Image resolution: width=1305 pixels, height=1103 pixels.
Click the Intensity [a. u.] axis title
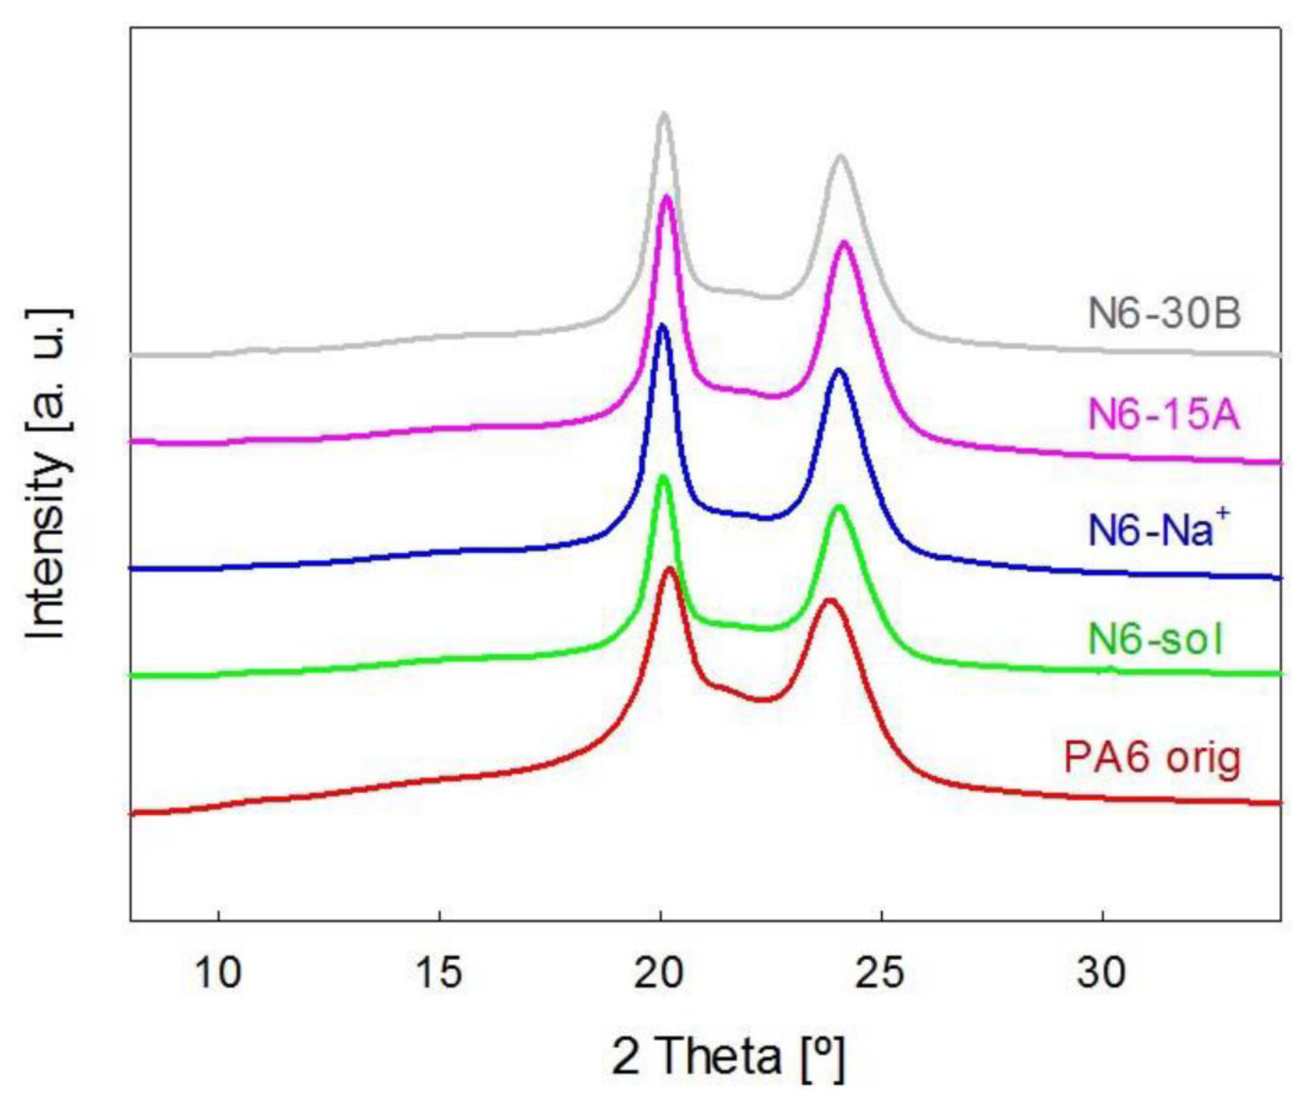[47, 473]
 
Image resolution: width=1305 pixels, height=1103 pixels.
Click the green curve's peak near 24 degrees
[839, 506]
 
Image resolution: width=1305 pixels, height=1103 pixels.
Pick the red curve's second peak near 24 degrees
[830, 600]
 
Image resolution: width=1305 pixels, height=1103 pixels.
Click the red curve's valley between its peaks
[762, 700]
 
